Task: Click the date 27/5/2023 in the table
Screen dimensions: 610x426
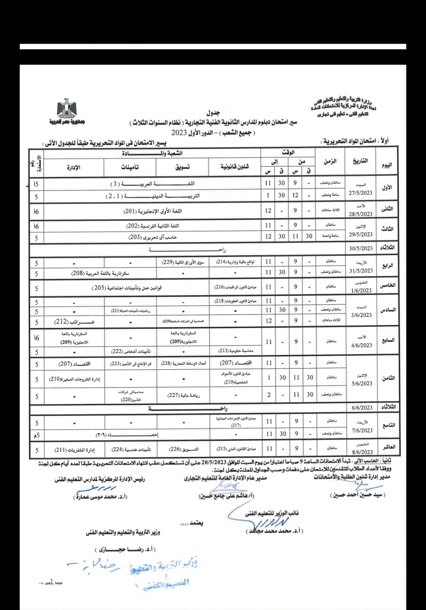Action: [361, 193]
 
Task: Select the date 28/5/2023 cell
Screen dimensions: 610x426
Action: [361, 214]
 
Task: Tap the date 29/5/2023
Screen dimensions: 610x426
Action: [361, 234]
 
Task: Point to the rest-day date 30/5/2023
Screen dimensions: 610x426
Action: [361, 248]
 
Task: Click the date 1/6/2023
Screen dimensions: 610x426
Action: [362, 290]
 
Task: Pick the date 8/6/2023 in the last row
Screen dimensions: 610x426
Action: [362, 452]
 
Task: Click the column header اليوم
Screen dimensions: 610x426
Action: [387, 165]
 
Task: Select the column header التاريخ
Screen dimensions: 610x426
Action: [360, 161]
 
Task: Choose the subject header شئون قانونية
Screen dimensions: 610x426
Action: [235, 167]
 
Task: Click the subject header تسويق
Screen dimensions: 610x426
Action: [183, 167]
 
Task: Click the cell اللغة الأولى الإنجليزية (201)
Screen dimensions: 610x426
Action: [153, 211]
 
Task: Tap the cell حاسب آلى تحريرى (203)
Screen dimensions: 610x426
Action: [153, 237]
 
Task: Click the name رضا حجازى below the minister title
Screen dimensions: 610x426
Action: [125, 549]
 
